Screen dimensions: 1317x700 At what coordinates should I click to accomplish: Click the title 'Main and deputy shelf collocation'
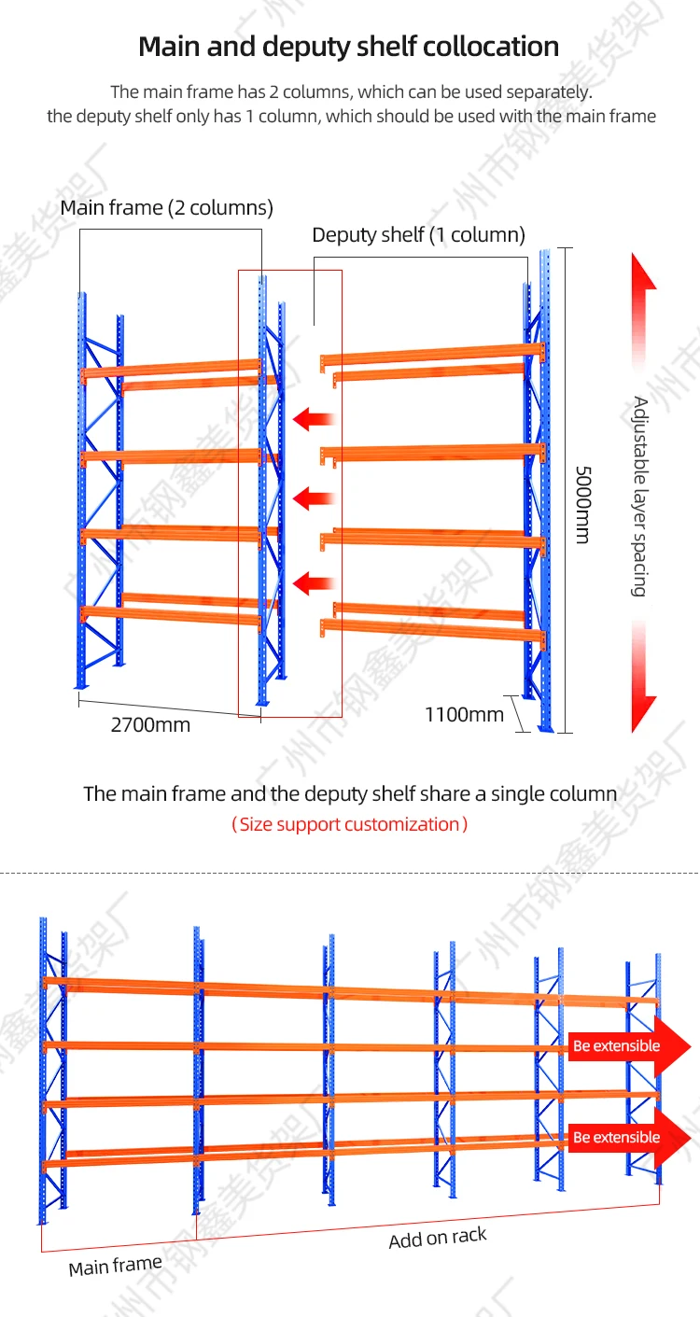click(x=349, y=47)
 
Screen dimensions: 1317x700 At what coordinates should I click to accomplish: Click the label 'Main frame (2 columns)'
click(x=166, y=207)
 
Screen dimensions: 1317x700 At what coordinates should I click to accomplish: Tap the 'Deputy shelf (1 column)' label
click(x=418, y=234)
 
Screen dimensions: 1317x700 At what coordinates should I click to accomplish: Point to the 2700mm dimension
click(x=150, y=724)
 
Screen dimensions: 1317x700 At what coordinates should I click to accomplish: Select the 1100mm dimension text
click(x=464, y=715)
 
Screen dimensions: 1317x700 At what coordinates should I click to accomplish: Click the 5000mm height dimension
click(x=581, y=505)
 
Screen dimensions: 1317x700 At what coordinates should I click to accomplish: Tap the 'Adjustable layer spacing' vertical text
click(x=639, y=496)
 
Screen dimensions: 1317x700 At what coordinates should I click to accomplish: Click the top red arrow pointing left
click(x=314, y=419)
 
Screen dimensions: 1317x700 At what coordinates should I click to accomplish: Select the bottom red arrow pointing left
click(x=314, y=584)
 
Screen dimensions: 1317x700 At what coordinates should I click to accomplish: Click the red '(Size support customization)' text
click(x=349, y=824)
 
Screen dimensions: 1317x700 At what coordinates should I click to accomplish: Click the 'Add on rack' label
click(x=438, y=1239)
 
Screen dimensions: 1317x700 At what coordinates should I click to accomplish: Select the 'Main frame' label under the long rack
click(x=115, y=1266)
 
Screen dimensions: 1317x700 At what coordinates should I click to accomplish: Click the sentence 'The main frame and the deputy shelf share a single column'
click(x=350, y=793)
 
